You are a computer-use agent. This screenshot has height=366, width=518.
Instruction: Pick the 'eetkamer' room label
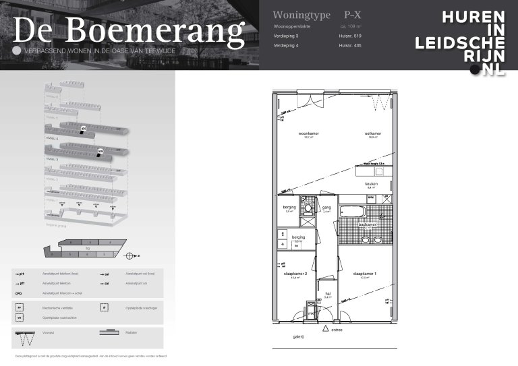(x=373, y=133)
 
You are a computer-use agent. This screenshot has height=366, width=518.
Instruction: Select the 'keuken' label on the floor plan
(x=371, y=183)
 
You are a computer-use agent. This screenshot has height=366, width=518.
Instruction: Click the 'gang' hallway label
(x=326, y=208)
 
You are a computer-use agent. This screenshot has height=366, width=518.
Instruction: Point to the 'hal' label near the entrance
(x=327, y=293)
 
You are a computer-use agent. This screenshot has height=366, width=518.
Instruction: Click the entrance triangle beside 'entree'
(x=325, y=329)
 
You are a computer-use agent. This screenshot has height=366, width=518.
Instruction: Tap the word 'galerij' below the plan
(x=298, y=336)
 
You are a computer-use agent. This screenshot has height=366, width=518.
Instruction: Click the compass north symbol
(x=130, y=255)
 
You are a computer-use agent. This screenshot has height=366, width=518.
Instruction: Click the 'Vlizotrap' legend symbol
(x=25, y=334)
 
